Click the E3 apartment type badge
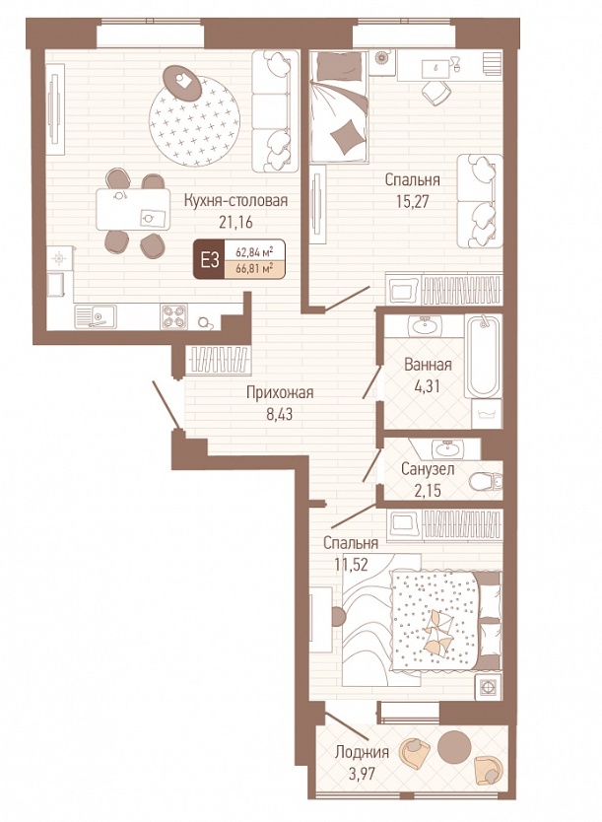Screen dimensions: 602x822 [x=210, y=259]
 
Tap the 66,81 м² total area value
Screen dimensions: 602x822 [x=255, y=269]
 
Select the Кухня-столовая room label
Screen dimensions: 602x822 [x=235, y=200]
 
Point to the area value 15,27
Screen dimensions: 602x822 [x=413, y=201]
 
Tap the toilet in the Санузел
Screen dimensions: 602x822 [x=486, y=481]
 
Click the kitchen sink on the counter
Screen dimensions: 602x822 [x=96, y=316]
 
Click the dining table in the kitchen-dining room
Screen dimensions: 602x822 [x=133, y=209]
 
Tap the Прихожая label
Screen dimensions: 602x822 [x=280, y=392]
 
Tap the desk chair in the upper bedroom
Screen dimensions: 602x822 [x=435, y=92]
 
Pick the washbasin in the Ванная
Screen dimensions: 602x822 [x=426, y=326]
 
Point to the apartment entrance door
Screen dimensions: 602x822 [x=167, y=405]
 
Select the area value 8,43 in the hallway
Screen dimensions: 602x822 [x=279, y=415]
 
